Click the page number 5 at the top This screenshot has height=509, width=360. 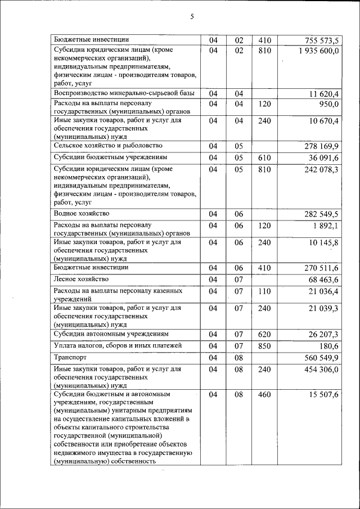[x=191, y=17]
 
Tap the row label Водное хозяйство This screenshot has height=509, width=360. [x=82, y=214]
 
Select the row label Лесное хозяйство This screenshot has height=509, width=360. [x=81, y=278]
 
